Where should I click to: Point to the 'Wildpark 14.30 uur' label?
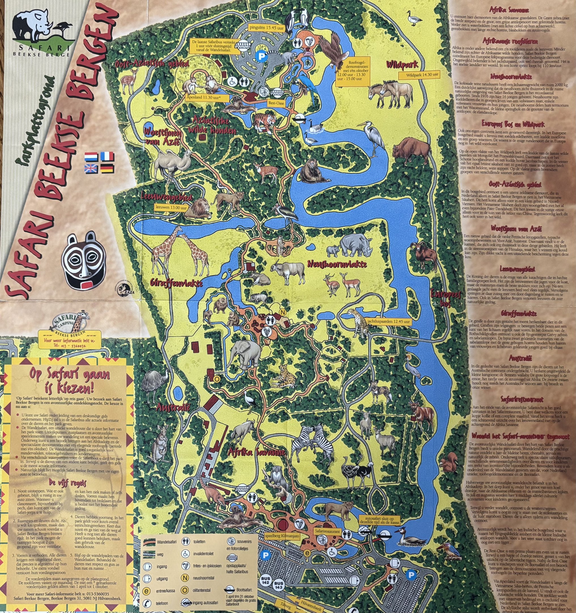pyautogui.click(x=419, y=75)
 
